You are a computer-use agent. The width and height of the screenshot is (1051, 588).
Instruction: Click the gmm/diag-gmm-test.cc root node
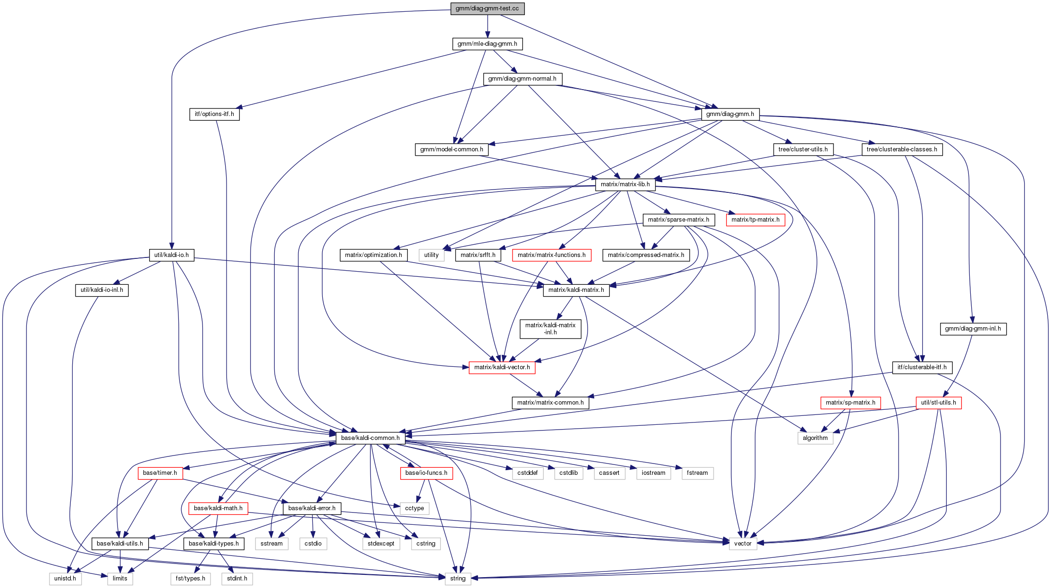pyautogui.click(x=488, y=8)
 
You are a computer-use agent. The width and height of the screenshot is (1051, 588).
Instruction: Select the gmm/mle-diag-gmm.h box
pyautogui.click(x=488, y=44)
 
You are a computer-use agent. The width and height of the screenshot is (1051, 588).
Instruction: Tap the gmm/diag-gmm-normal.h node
pyautogui.click(x=522, y=79)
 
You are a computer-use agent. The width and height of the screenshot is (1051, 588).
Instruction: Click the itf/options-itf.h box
pyautogui.click(x=214, y=114)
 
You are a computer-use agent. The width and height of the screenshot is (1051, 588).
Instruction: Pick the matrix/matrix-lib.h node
pyautogui.click(x=625, y=184)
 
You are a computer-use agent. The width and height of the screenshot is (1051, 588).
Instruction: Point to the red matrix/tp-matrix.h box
pyautogui.click(x=756, y=220)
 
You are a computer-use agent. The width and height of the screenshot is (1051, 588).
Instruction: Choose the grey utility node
pyautogui.click(x=431, y=255)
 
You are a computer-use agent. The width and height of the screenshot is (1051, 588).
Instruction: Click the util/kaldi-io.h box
pyautogui.click(x=171, y=255)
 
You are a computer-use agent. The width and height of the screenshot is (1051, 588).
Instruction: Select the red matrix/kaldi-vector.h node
pyautogui.click(x=502, y=367)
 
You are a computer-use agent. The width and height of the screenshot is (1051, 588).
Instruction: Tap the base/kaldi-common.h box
pyautogui.click(x=370, y=438)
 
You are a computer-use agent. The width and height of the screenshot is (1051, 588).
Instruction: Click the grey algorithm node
pyautogui.click(x=816, y=438)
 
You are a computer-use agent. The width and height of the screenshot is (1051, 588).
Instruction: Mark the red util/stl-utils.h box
pyautogui.click(x=939, y=403)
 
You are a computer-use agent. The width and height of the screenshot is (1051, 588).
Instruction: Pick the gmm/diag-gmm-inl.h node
pyautogui.click(x=973, y=329)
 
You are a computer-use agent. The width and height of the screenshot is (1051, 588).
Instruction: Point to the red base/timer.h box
pyautogui.click(x=160, y=473)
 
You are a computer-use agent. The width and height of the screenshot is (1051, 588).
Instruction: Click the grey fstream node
pyautogui.click(x=698, y=473)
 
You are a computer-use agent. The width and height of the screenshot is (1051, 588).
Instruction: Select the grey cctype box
pyautogui.click(x=415, y=508)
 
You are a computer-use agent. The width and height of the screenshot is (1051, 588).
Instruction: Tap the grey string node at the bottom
pyautogui.click(x=458, y=579)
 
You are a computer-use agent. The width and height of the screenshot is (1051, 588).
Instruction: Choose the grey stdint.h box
pyautogui.click(x=237, y=579)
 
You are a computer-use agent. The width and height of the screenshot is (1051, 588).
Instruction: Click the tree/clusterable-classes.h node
pyautogui.click(x=902, y=149)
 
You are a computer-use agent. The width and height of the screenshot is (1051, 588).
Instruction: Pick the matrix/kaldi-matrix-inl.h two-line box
pyautogui.click(x=550, y=329)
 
